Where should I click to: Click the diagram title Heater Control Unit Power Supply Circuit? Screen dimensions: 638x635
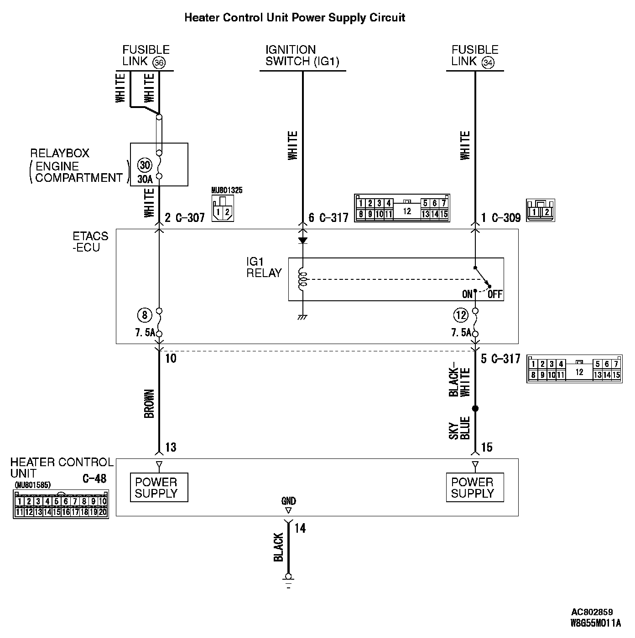[x=294, y=18]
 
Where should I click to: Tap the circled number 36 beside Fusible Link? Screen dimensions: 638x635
[x=159, y=62]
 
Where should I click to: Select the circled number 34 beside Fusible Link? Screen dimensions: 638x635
[x=488, y=62]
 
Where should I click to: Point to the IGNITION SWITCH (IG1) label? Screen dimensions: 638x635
[x=302, y=56]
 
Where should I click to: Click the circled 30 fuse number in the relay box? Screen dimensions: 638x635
[x=145, y=165]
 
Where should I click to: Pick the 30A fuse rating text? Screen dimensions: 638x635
[x=145, y=180]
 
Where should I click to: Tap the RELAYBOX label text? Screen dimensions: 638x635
[x=60, y=153]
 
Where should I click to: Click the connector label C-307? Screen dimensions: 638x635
[x=190, y=218]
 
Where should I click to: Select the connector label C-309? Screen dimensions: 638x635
[x=506, y=218]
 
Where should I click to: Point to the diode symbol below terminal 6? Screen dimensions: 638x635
[x=302, y=240]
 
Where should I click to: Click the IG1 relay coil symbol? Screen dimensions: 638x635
[x=302, y=279]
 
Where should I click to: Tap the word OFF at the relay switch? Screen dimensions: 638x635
[x=495, y=294]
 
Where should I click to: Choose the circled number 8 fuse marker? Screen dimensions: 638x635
[x=144, y=314]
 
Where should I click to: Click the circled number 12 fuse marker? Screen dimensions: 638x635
[x=461, y=314]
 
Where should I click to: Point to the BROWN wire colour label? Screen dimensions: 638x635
[x=149, y=403]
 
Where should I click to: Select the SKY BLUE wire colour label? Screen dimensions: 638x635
[x=459, y=428]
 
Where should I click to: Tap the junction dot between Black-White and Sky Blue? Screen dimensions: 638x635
[x=475, y=408]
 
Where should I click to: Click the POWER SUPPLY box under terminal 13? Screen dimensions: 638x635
[x=159, y=488]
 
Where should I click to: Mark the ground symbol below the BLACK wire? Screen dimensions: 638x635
[x=288, y=581]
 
